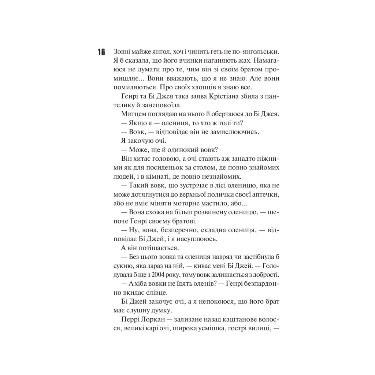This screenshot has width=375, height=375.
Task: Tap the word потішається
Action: point(151,247)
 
